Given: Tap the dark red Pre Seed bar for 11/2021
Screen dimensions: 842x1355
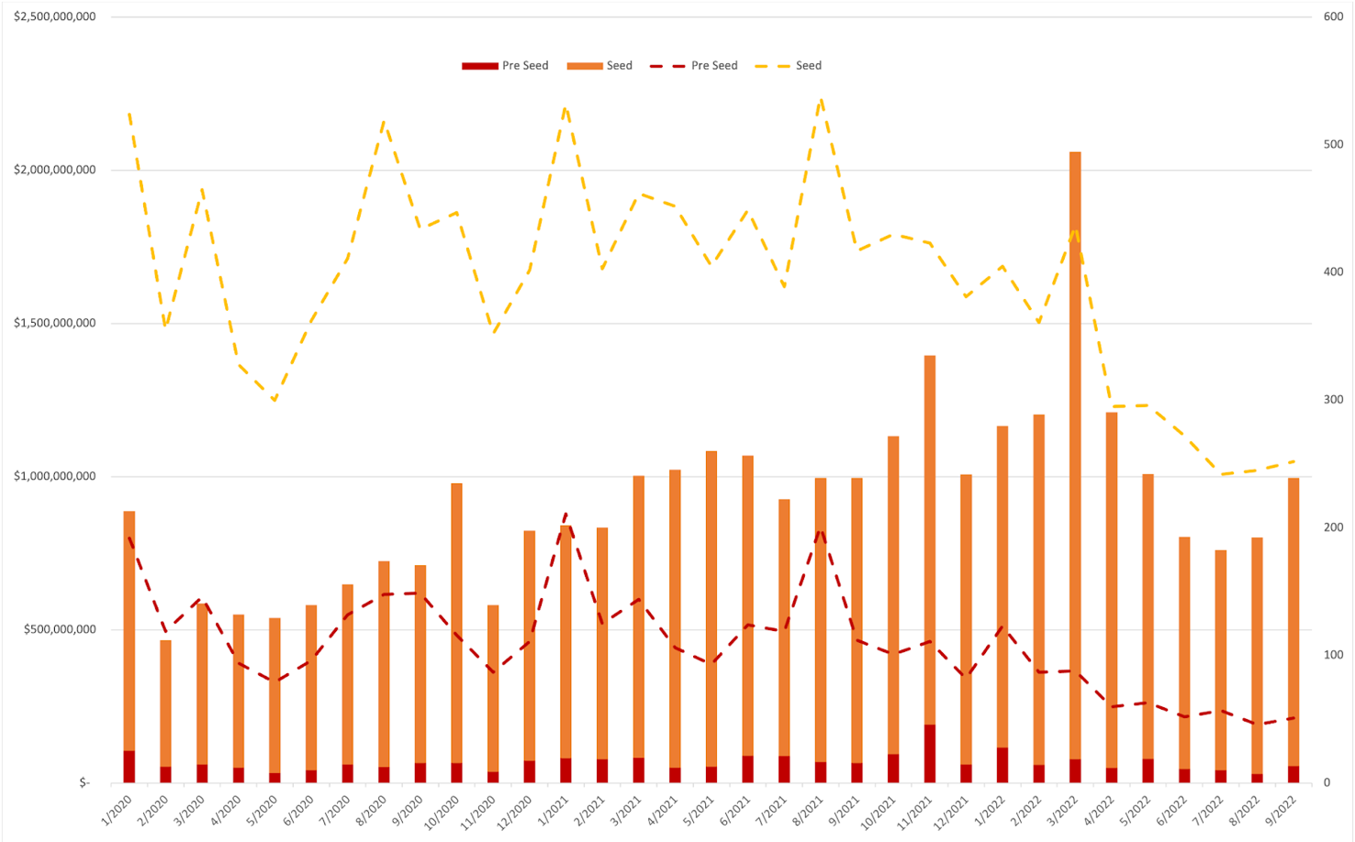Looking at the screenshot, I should pos(930,753).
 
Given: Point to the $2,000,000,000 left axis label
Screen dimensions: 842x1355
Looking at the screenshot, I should pos(55,170).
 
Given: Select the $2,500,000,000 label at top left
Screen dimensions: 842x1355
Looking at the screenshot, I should pos(55,17).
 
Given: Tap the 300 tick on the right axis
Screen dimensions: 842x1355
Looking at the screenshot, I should pos(1333,400).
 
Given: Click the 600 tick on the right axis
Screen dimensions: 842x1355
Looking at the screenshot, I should pos(1333,17).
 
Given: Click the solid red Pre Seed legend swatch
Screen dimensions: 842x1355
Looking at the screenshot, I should pos(478,66).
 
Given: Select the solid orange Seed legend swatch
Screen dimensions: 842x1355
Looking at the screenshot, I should pos(584,66).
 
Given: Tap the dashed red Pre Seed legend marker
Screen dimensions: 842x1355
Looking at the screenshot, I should pos(667,66).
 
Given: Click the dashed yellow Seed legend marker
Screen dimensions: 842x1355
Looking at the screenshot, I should pos(772,66).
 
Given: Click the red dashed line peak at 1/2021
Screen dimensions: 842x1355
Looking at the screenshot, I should pos(566,514).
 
